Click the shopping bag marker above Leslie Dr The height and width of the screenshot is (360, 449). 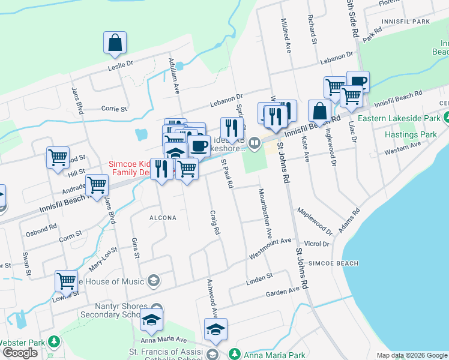115,44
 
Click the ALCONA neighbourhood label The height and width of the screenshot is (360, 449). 163,218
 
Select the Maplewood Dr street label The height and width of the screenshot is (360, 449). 315,220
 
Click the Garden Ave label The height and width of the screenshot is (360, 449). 283,291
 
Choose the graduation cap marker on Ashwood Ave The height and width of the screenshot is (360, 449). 215,330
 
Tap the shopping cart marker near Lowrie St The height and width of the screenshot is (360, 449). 66,282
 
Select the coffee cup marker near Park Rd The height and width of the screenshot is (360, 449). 358,82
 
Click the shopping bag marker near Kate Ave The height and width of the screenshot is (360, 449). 320,112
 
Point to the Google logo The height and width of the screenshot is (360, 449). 19,353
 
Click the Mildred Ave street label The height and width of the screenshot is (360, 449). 286,37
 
